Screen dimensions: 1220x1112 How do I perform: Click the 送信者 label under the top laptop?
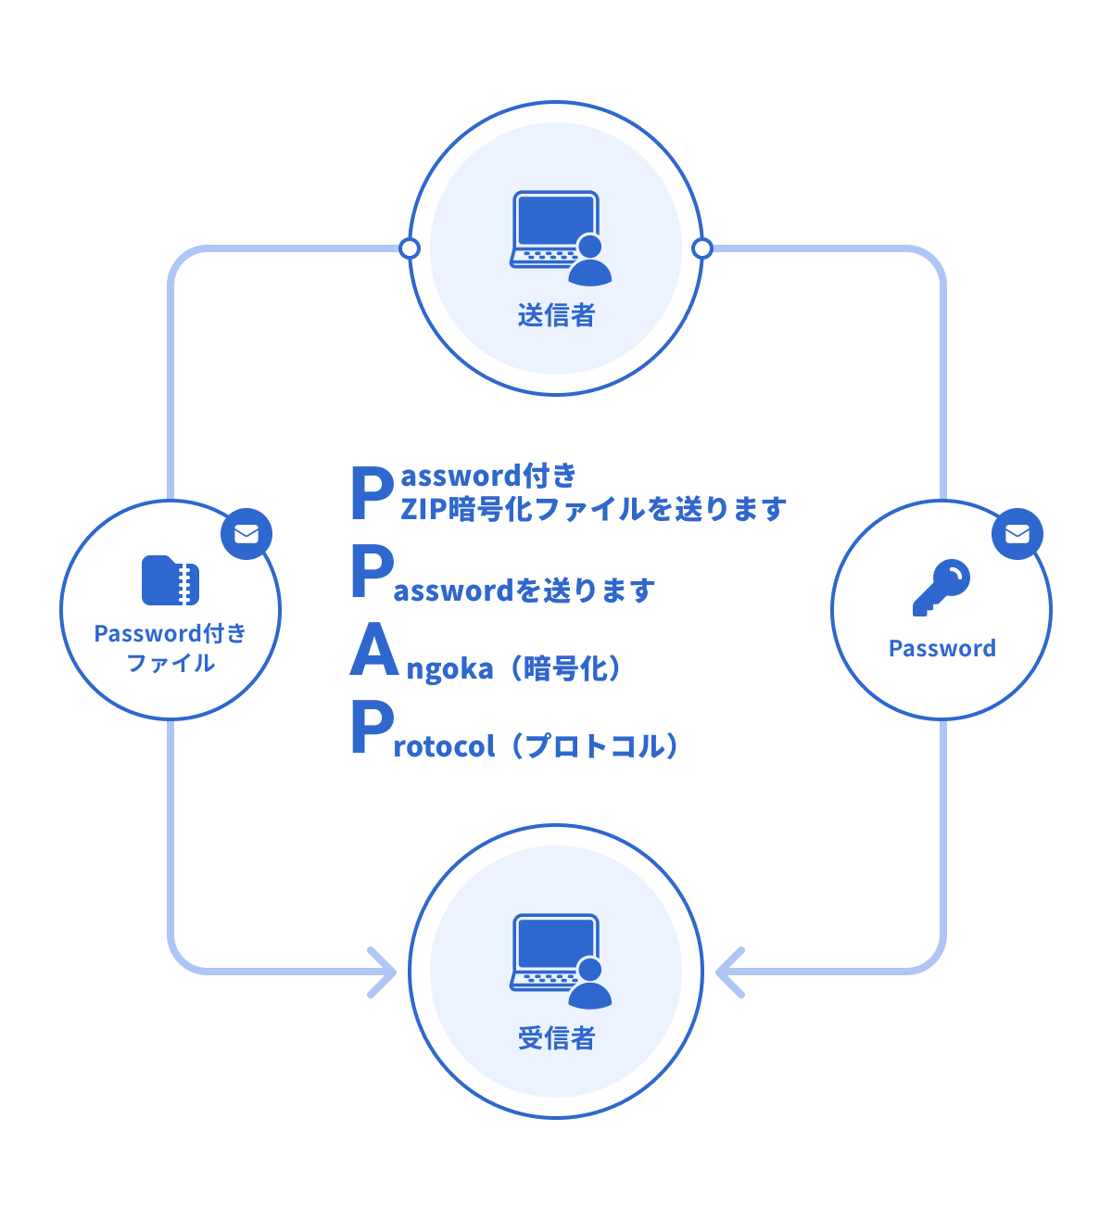pyautogui.click(x=556, y=315)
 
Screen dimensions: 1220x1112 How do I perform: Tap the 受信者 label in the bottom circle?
pyautogui.click(x=556, y=1038)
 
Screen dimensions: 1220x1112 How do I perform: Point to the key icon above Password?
pyautogui.click(x=941, y=588)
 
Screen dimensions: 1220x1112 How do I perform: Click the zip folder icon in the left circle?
pyautogui.click(x=171, y=581)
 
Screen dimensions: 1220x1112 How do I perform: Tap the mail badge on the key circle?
pyautogui.click(x=1017, y=534)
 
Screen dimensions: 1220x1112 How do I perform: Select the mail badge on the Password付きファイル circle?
pyautogui.click(x=246, y=534)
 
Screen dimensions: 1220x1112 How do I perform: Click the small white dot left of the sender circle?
pyautogui.click(x=410, y=248)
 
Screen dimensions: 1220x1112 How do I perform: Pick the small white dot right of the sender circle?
pyautogui.click(x=702, y=248)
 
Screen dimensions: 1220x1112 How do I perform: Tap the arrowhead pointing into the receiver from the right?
pyautogui.click(x=729, y=972)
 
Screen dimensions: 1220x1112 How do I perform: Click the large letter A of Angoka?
pyautogui.click(x=374, y=651)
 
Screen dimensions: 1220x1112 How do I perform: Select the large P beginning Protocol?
pyautogui.click(x=372, y=729)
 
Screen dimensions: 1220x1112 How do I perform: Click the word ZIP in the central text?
pyautogui.click(x=423, y=509)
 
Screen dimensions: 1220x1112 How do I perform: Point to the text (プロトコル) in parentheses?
pyautogui.click(x=596, y=746)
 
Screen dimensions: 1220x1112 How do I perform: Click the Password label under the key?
pyautogui.click(x=941, y=649)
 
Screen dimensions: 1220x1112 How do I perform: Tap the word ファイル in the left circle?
pyautogui.click(x=171, y=664)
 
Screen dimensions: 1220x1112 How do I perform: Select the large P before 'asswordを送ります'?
pyautogui.click(x=372, y=572)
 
